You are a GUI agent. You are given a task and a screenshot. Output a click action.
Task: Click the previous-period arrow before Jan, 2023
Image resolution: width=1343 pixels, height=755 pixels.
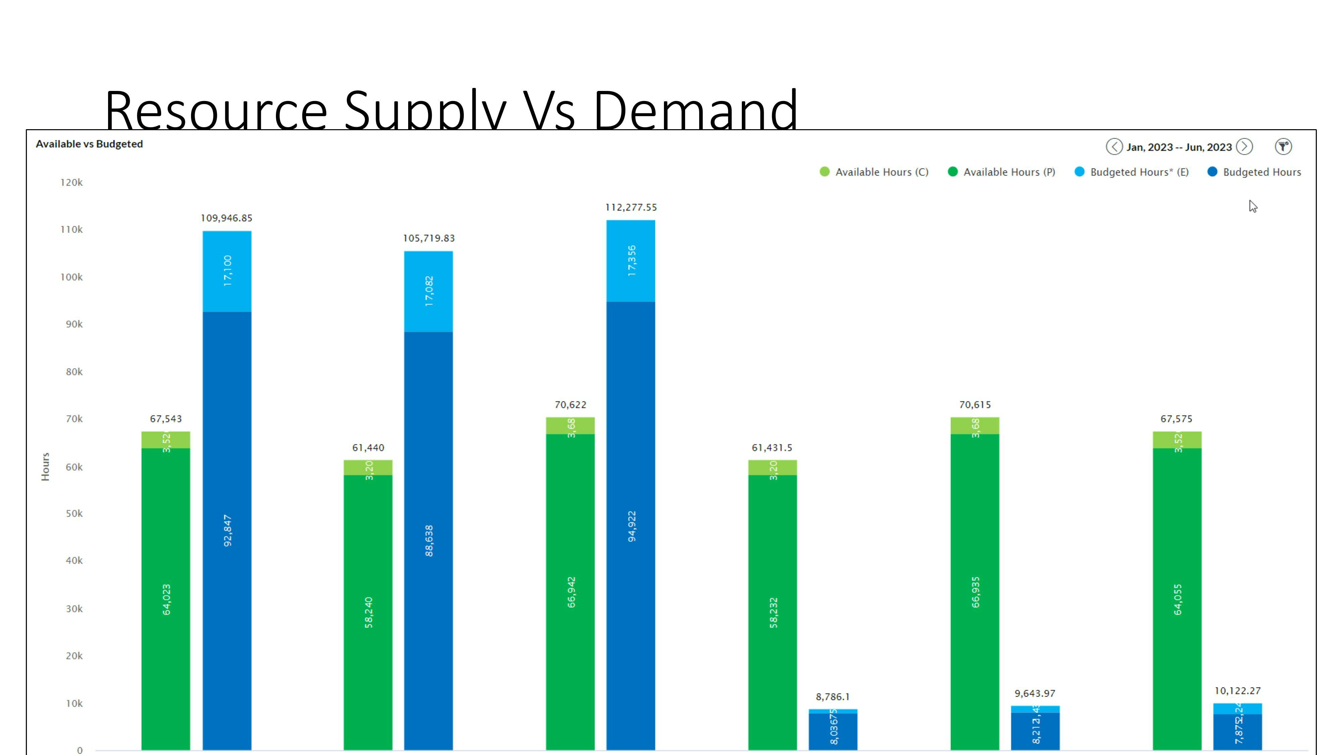pyautogui.click(x=1114, y=147)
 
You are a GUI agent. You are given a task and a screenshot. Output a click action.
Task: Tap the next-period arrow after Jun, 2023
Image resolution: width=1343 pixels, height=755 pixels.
pyautogui.click(x=1244, y=147)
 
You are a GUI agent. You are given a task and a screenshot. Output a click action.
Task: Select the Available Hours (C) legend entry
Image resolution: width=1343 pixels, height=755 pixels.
pyautogui.click(x=874, y=172)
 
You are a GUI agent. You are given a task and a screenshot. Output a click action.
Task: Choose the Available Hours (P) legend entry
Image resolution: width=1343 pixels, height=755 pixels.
pyautogui.click(x=1002, y=172)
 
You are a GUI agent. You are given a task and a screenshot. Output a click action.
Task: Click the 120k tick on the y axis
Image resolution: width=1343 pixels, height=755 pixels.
pyautogui.click(x=71, y=182)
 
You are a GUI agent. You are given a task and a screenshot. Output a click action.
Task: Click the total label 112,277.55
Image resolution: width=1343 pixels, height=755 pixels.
pyautogui.click(x=631, y=207)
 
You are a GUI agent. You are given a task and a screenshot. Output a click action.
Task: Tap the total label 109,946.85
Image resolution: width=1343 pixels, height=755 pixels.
pyautogui.click(x=226, y=218)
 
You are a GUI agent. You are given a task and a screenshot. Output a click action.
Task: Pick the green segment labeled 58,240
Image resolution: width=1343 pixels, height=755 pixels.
pyautogui.click(x=368, y=612)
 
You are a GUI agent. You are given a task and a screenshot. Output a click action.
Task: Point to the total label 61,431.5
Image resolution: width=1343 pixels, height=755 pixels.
pyautogui.click(x=772, y=448)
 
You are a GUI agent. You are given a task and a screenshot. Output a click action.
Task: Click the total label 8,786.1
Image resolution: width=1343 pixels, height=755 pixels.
pyautogui.click(x=832, y=697)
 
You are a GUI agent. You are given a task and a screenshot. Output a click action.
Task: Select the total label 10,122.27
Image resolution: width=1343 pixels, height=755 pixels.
pyautogui.click(x=1237, y=691)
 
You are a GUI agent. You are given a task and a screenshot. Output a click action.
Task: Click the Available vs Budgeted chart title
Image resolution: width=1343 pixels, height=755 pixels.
pyautogui.click(x=89, y=144)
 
